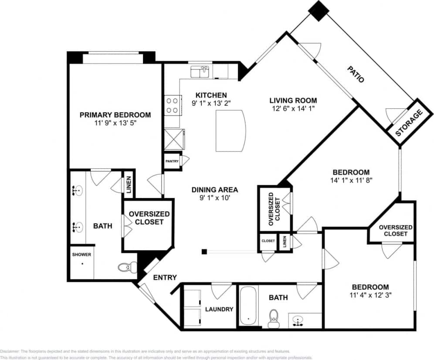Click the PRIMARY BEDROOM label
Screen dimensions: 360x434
pos(115,115)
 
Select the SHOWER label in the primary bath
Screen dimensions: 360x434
pos(81,255)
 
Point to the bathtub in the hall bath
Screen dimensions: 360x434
pos(248,306)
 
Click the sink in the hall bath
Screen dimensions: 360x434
pos(298,321)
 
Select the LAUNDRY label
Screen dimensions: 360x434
pos(219,309)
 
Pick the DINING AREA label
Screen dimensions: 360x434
pos(215,189)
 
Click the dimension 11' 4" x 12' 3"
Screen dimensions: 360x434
pos(370,296)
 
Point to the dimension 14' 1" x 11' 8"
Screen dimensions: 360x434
pos(351,180)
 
